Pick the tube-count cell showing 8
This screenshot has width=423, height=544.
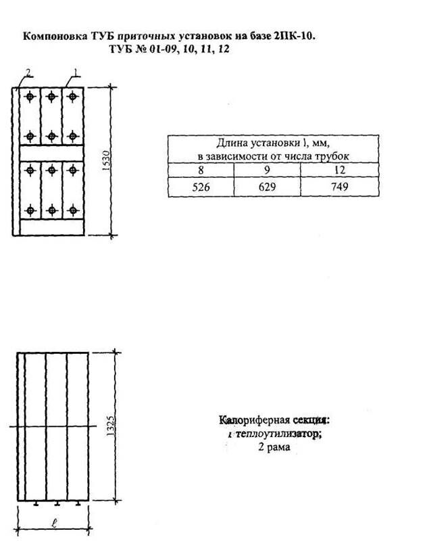(x=201, y=171)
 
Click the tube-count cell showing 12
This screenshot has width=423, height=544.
(x=340, y=171)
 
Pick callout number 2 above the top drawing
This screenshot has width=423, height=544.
(x=28, y=71)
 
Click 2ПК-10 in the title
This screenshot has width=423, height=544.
(x=295, y=34)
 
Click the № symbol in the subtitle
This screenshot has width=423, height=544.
(x=141, y=49)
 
